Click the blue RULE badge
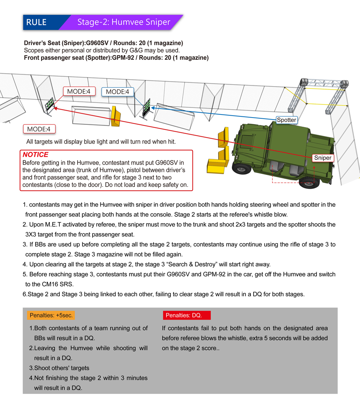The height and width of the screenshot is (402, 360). (x=36, y=22)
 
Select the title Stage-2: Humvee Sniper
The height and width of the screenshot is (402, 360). (x=124, y=22)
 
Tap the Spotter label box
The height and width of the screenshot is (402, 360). (x=286, y=120)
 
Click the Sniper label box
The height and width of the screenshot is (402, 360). (x=322, y=158)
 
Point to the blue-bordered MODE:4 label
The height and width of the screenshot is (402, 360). (x=118, y=92)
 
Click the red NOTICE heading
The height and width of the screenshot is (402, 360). (x=36, y=155)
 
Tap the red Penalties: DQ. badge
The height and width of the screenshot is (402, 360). (x=187, y=315)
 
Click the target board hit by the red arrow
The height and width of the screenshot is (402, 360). (x=50, y=104)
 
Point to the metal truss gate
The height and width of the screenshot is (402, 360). (x=324, y=96)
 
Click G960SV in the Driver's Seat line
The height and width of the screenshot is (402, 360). (x=97, y=43)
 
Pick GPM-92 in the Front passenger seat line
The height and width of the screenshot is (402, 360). (x=125, y=58)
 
